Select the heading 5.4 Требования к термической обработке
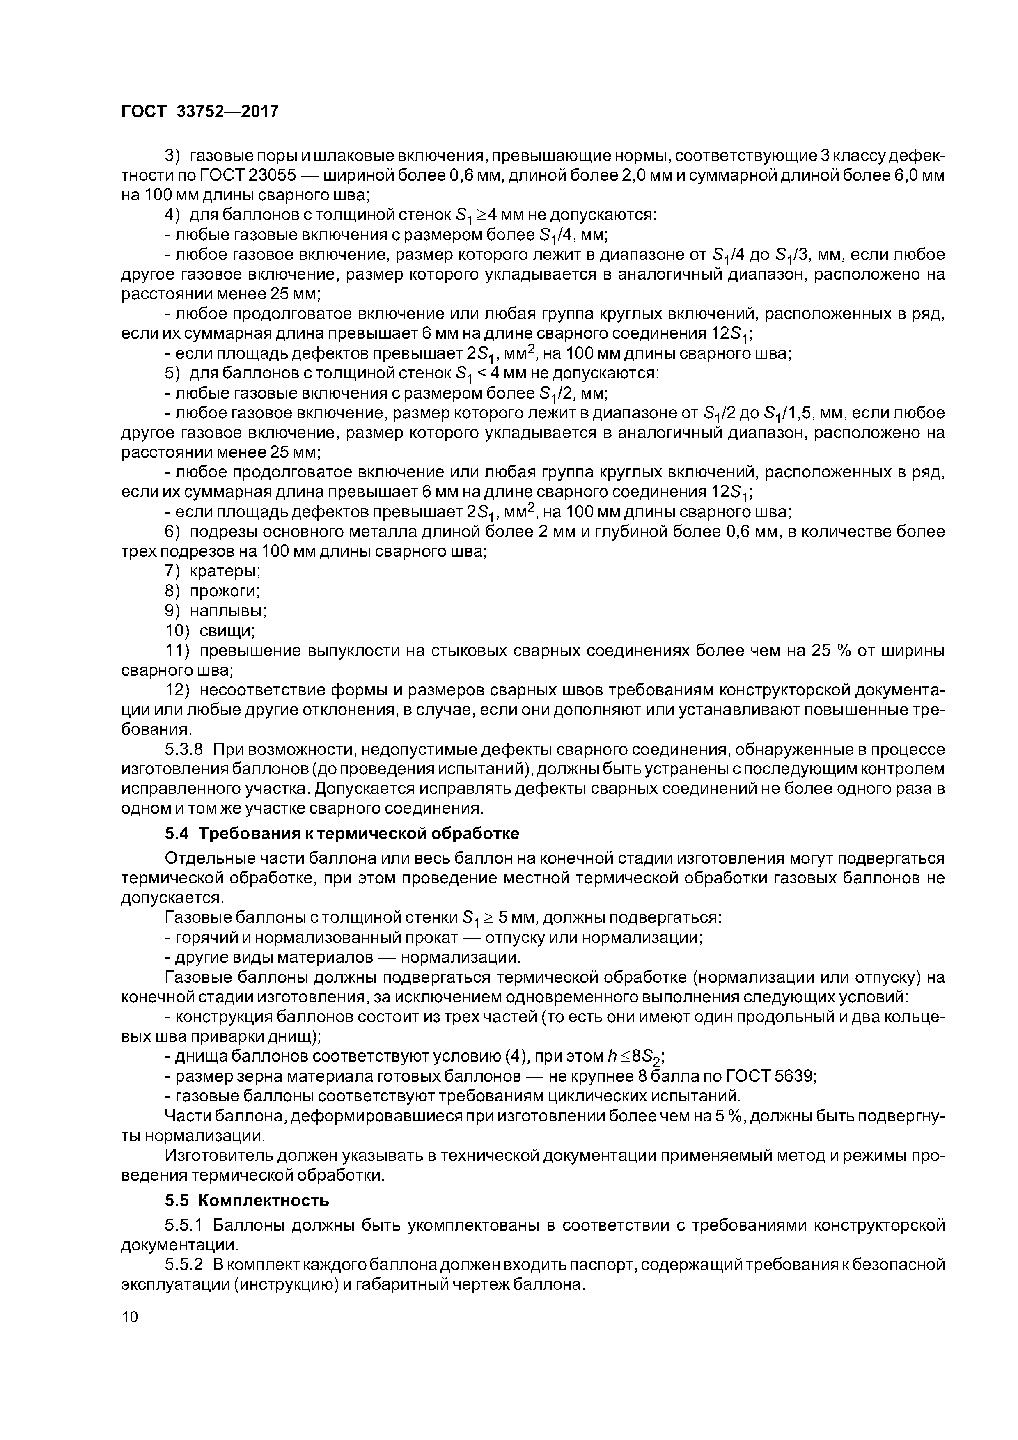342,834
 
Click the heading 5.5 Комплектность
247,1200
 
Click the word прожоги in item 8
224,591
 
